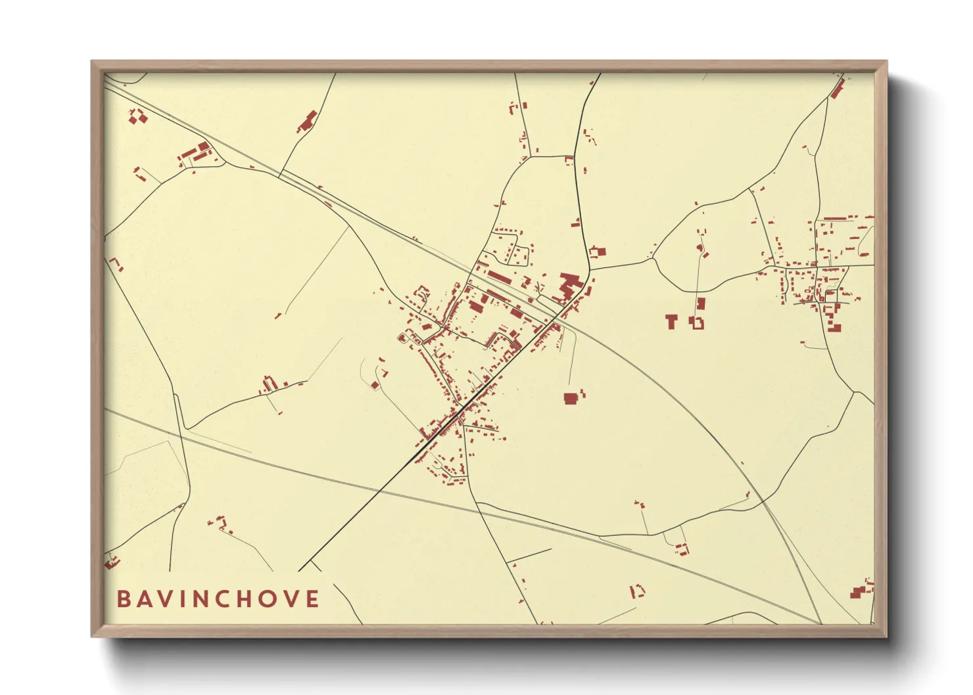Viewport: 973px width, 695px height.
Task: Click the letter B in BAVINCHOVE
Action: [123, 599]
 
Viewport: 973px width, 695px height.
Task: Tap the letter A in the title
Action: [147, 599]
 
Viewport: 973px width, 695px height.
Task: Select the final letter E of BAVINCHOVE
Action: [314, 599]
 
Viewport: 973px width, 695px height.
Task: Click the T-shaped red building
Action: [671, 321]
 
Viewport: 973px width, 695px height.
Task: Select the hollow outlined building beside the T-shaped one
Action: [697, 323]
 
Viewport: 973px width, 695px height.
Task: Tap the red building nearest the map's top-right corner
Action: [838, 89]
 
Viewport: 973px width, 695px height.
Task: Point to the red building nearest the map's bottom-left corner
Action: [111, 562]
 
